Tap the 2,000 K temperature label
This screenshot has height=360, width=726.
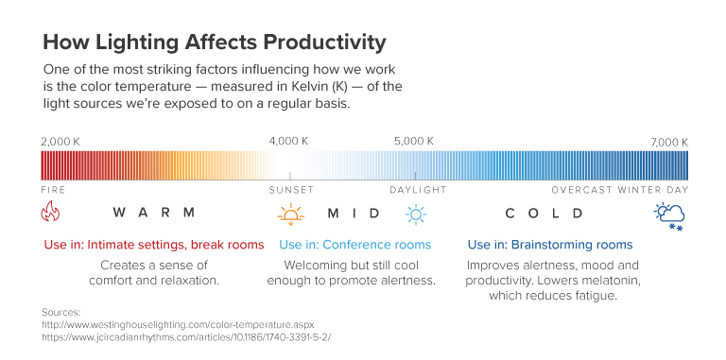tap(60, 141)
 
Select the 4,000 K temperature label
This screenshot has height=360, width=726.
tap(289, 141)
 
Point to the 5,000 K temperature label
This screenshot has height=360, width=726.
tap(414, 141)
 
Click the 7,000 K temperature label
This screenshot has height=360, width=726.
tap(668, 141)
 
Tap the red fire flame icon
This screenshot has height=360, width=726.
tap(51, 214)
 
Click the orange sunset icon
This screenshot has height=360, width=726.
tap(290, 214)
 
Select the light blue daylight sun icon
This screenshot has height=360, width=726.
tap(416, 214)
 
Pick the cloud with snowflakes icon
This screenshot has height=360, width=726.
tap(670, 214)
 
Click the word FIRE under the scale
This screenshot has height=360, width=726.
tap(53, 189)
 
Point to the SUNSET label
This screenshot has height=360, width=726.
tap(290, 189)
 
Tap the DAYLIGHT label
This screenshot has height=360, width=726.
tap(417, 189)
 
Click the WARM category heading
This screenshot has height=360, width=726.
tap(153, 213)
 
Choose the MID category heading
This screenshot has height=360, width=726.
tap(354, 213)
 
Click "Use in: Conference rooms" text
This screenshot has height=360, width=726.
tap(355, 245)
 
